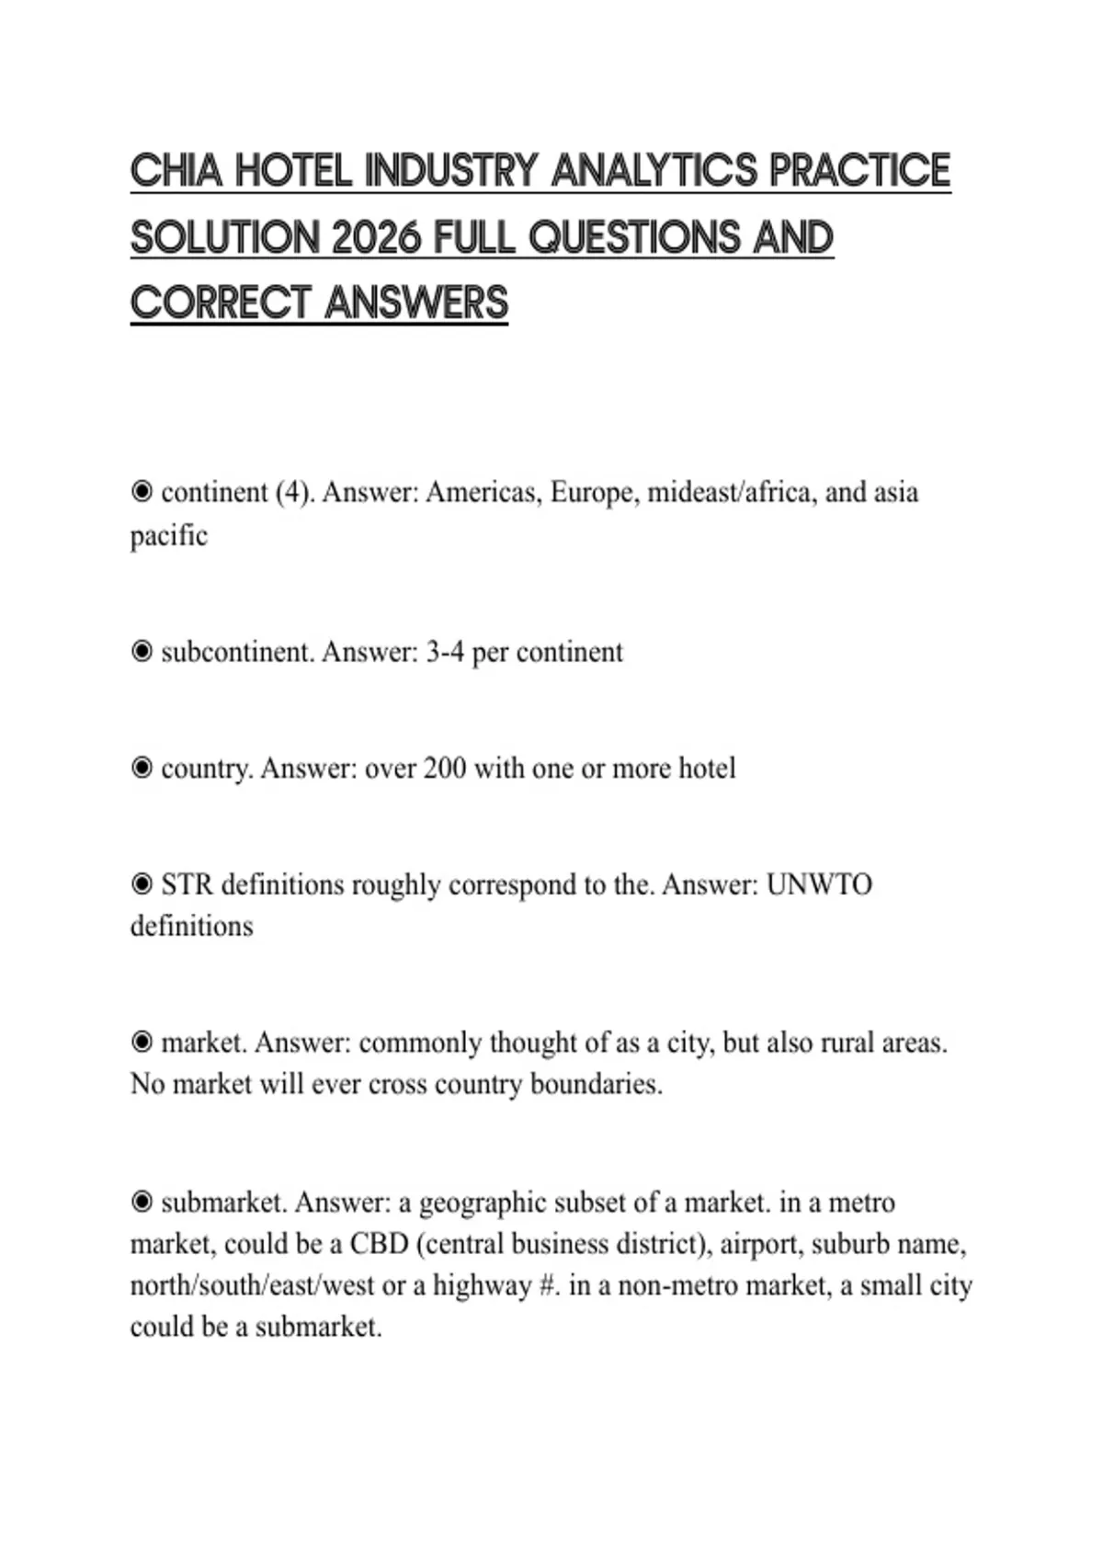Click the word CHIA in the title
coord(176,171)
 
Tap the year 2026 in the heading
coord(376,237)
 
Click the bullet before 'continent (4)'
coord(142,492)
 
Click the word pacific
coord(169,535)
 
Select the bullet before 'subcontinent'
coord(142,652)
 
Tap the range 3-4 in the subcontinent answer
coord(444,652)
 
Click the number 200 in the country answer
coord(444,768)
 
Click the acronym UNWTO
coord(818,884)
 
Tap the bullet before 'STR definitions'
coord(142,884)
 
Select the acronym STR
coord(188,884)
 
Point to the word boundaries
coord(596,1084)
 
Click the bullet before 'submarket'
coord(142,1203)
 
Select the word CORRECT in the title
coord(221,303)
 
